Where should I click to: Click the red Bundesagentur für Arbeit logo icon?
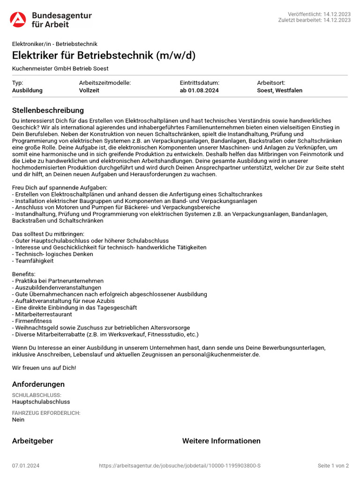18,20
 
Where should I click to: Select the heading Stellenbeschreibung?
48,110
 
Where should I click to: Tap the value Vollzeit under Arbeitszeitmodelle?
89,90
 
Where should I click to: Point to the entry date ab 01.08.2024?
199,90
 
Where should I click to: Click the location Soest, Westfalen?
280,90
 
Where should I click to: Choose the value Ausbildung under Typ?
27,90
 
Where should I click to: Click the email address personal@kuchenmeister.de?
217,354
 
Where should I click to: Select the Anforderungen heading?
38,384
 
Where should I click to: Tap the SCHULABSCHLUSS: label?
37,395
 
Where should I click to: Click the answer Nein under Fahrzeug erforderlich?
18,420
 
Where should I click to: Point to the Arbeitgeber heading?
33,441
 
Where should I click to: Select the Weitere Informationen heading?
221,441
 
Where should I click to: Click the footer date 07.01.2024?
26,465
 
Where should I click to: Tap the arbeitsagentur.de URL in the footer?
180,465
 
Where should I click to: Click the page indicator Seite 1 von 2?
333,465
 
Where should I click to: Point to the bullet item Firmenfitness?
32,321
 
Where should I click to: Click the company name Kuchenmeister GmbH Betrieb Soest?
60,68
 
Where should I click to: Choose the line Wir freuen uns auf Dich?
44,367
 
